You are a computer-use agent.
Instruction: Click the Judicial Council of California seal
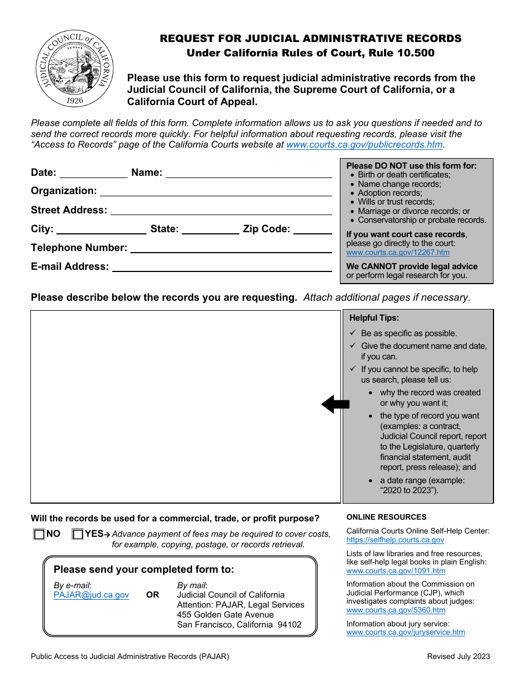click(75, 69)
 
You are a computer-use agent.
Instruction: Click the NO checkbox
click(39, 535)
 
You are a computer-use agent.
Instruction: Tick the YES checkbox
click(78, 535)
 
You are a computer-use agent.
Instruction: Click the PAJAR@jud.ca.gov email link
click(91, 595)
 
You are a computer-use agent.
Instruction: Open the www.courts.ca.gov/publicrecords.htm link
click(364, 145)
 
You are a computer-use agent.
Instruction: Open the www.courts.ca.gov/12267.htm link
click(398, 253)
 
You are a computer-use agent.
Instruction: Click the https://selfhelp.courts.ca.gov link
click(395, 540)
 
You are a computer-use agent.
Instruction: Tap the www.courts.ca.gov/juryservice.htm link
click(406, 632)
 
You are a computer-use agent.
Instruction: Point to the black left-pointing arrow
click(335, 404)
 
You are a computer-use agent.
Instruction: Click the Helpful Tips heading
click(374, 318)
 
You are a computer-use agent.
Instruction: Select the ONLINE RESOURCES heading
click(386, 517)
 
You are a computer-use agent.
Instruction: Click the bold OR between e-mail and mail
click(153, 595)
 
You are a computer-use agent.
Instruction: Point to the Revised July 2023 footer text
click(458, 657)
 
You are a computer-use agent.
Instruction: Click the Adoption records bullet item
click(390, 193)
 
